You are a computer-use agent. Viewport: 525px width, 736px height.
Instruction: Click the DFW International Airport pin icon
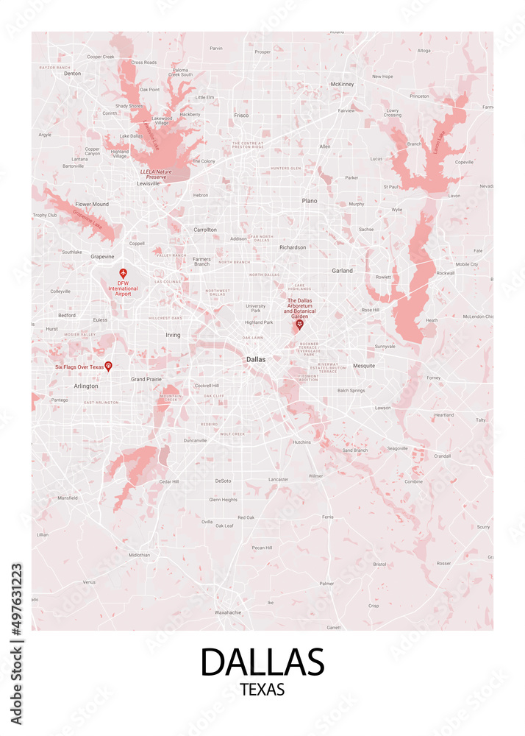[x=123, y=273]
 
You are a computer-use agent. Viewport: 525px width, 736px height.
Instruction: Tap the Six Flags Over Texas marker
[x=108, y=366]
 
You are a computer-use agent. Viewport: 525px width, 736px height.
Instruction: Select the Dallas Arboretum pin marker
[x=299, y=324]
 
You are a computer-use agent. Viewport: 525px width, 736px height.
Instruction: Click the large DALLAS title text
[x=262, y=662]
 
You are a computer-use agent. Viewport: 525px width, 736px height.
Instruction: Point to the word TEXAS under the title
[x=262, y=690]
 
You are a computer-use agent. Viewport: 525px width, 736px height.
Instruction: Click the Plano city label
[x=310, y=200]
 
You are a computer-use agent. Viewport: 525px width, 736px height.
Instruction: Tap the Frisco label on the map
[x=241, y=115]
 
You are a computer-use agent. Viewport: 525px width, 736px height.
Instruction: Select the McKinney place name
[x=342, y=84]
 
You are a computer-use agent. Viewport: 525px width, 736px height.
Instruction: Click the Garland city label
[x=342, y=271]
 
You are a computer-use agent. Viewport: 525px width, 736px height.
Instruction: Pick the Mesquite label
[x=364, y=366]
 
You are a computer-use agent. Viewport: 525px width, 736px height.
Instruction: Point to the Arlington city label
[x=86, y=386]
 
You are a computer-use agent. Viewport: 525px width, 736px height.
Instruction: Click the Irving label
[x=173, y=335]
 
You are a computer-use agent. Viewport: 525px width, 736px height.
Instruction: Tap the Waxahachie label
[x=227, y=612]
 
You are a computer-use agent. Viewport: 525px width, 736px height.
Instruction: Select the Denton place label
[x=72, y=74]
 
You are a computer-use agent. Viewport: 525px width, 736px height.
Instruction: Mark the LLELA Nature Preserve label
[x=155, y=174]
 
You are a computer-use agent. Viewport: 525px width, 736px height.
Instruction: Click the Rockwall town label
[x=446, y=273]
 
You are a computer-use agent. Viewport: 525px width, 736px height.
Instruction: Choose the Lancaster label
[x=278, y=479]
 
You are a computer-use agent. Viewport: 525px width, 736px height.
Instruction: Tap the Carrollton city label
[x=205, y=230]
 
